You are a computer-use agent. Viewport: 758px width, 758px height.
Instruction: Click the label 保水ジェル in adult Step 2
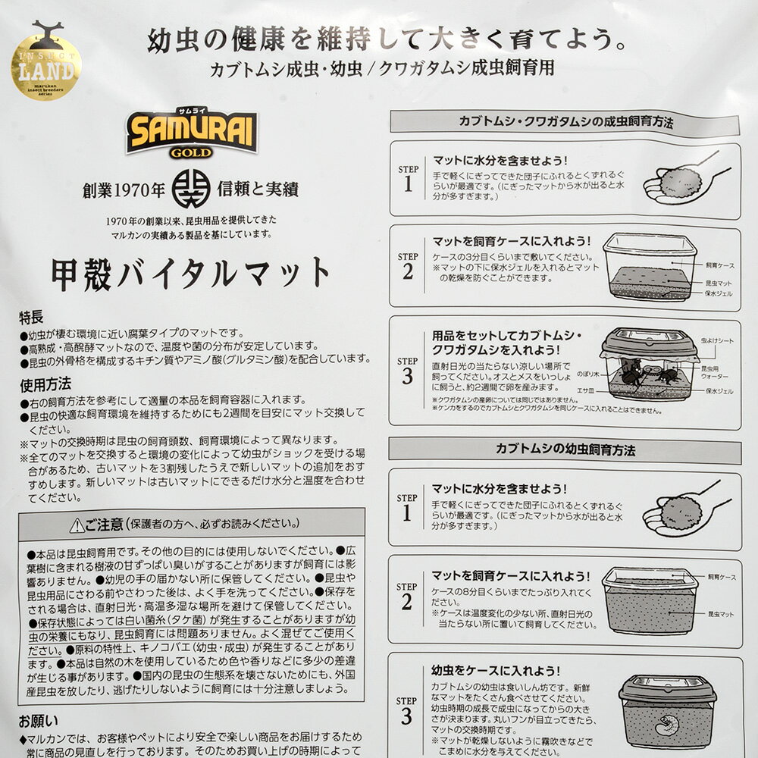click(x=719, y=293)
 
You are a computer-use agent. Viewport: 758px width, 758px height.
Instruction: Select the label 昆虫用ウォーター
click(x=716, y=372)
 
